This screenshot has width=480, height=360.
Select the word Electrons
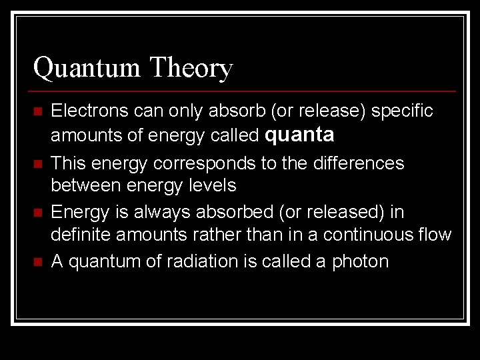click(92, 111)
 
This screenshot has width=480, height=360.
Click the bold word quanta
click(299, 135)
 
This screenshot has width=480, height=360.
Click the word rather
click(216, 235)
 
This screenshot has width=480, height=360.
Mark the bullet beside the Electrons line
click(37, 111)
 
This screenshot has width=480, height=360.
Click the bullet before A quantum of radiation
click(37, 261)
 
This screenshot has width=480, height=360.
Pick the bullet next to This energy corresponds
click(37, 164)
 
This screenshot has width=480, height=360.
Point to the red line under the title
click(243, 91)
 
